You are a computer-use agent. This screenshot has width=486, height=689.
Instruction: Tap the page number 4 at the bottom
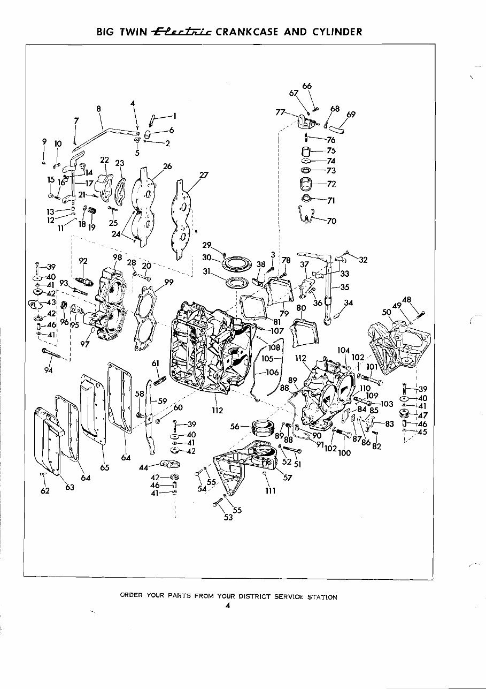[227, 606]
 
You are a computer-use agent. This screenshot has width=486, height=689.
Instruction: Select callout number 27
[203, 175]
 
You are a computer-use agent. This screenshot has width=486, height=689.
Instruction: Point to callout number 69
[351, 114]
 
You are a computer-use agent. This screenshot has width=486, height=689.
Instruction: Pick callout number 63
[70, 487]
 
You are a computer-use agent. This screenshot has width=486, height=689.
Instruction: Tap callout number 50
[387, 312]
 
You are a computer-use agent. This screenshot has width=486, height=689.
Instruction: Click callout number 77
[280, 112]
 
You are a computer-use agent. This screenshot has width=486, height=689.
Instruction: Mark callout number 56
[234, 427]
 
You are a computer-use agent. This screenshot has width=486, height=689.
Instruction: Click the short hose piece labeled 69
[335, 129]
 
